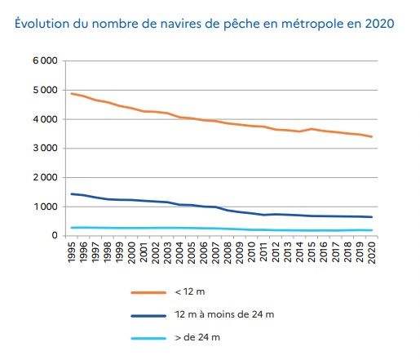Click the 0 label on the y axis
(x=54, y=236)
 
